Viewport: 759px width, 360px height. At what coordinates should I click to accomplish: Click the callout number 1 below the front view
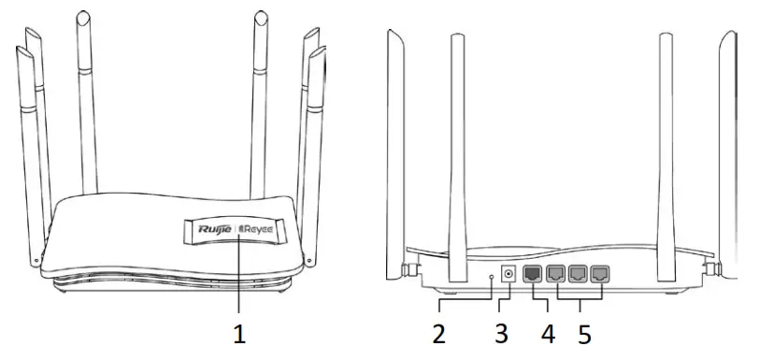[x=240, y=332]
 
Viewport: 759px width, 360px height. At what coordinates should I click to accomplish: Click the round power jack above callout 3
[x=509, y=275]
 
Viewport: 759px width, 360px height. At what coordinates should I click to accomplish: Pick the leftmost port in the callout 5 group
[x=556, y=275]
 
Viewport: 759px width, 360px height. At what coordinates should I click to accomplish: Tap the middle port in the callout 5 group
[x=578, y=275]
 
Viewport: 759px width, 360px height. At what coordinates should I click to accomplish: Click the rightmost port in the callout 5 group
[x=599, y=275]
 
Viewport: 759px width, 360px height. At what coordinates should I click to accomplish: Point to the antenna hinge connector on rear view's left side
[x=409, y=269]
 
